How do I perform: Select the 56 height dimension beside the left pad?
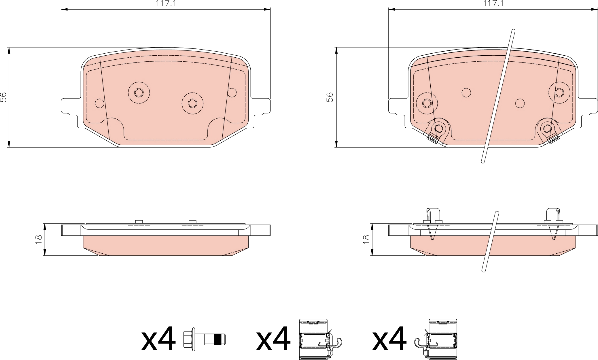pos(3,97)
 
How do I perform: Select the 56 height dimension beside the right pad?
pos(330,97)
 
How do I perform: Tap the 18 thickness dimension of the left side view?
pos(39,239)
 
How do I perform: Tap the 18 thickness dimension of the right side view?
pos(366,239)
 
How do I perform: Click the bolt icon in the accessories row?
pos(205,339)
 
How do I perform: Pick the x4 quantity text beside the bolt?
pos(158,338)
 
